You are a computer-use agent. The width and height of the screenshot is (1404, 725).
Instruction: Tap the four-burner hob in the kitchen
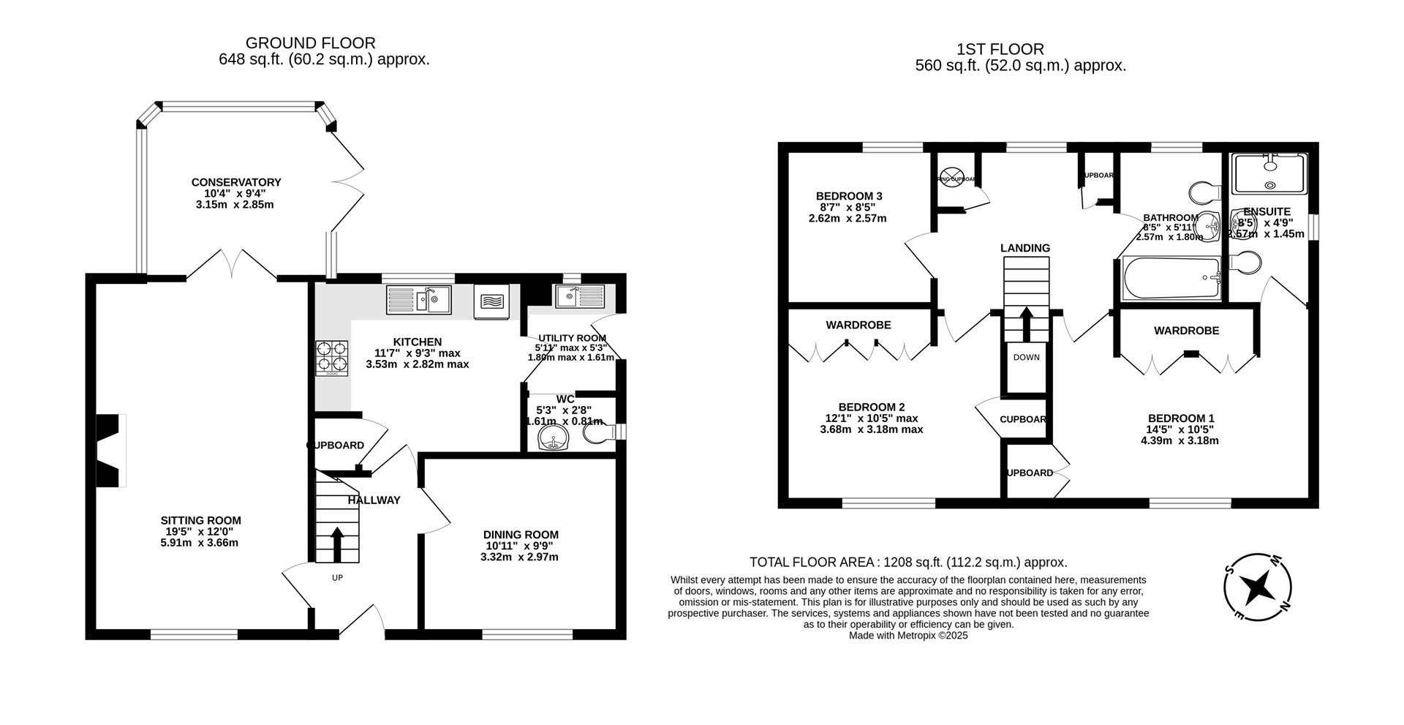(332, 358)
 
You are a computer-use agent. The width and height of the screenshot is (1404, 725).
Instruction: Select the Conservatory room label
(236, 182)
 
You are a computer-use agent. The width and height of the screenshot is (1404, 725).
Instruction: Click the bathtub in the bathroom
(1170, 279)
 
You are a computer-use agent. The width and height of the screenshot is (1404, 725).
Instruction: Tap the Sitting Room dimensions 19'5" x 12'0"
(200, 532)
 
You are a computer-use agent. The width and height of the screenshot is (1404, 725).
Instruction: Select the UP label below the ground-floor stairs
(337, 577)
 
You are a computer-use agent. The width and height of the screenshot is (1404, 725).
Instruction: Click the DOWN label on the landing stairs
(1026, 357)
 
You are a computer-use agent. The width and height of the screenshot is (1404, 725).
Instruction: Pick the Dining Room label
(521, 535)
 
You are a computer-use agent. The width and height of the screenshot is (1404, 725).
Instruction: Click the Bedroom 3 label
(849, 196)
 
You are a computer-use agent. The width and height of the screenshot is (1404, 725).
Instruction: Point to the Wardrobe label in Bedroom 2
(858, 325)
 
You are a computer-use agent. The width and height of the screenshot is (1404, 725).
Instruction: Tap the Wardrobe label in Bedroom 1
(1186, 331)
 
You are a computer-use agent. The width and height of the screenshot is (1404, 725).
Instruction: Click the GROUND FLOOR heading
(310, 43)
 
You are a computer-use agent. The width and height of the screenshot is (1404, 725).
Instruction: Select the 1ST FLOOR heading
(1000, 49)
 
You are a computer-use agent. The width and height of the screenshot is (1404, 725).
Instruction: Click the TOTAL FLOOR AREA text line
(908, 562)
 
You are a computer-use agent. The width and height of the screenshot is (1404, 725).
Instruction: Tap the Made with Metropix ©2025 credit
(908, 636)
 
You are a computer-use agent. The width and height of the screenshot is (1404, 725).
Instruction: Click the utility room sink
(579, 296)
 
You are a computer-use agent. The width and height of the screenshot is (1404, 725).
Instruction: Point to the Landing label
(1024, 248)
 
